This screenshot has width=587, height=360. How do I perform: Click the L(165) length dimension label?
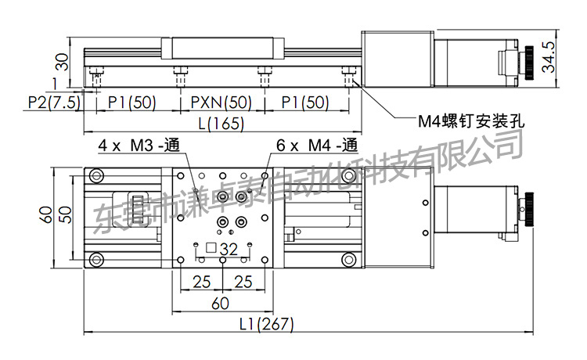[x=221, y=124]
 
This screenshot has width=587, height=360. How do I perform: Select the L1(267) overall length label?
[x=267, y=324]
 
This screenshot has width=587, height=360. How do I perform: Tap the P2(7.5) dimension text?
[x=54, y=103]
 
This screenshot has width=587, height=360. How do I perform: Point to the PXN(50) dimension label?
[x=221, y=103]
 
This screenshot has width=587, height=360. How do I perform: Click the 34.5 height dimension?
[x=549, y=56]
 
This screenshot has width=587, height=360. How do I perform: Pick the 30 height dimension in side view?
[x=62, y=62]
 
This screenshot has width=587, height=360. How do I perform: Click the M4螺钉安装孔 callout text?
[x=471, y=121]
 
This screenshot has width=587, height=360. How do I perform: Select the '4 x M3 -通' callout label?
[x=139, y=146]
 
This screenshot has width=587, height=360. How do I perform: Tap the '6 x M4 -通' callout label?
[x=317, y=146]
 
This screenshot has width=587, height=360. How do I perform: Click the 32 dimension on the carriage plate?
[x=229, y=249]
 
